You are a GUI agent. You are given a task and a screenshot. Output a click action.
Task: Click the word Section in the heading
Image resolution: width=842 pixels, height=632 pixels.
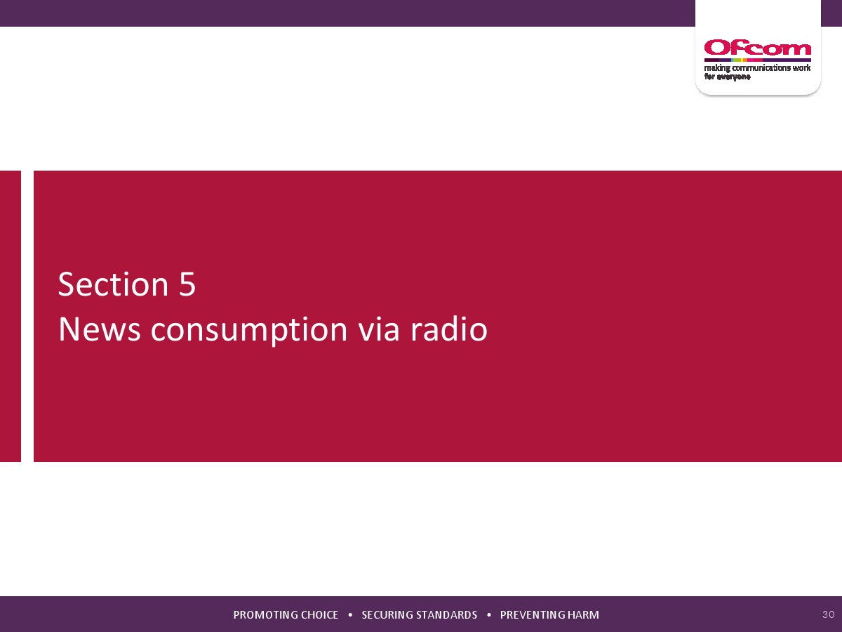coord(113,284)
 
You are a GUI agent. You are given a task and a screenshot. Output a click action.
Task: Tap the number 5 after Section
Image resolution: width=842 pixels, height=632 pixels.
coord(187,284)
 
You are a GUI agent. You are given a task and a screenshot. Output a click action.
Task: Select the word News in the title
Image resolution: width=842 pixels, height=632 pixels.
coord(100,329)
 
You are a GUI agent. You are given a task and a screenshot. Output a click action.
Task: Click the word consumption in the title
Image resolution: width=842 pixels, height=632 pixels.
coord(249,331)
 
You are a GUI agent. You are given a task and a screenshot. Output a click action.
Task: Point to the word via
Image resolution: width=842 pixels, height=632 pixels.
coord(379,329)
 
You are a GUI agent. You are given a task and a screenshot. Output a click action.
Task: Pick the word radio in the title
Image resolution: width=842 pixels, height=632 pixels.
coord(449,329)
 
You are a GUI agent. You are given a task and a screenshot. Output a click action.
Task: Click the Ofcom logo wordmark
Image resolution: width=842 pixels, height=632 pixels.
coord(757,48)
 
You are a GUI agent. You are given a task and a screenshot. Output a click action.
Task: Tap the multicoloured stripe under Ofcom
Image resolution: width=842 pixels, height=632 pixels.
coord(757,60)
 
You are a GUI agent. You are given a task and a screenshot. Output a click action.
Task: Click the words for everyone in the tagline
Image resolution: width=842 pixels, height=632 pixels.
coord(727,77)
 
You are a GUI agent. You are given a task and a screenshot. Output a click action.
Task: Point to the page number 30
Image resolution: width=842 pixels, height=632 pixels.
coord(828,614)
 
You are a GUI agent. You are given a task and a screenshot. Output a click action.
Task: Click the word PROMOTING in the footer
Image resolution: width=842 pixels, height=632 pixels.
coord(265,615)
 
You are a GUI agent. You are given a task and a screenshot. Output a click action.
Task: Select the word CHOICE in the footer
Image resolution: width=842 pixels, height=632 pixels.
coord(319,615)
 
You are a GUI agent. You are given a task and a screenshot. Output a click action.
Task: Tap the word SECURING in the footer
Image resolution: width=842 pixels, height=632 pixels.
coord(387,615)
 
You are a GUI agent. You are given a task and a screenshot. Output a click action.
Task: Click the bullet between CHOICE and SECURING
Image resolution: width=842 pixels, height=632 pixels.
coord(350,614)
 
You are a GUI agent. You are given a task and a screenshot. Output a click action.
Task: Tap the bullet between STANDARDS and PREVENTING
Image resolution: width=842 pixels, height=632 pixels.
coord(488,614)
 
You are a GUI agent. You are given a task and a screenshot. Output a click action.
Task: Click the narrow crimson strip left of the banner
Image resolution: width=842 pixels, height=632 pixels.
coord(11,316)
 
